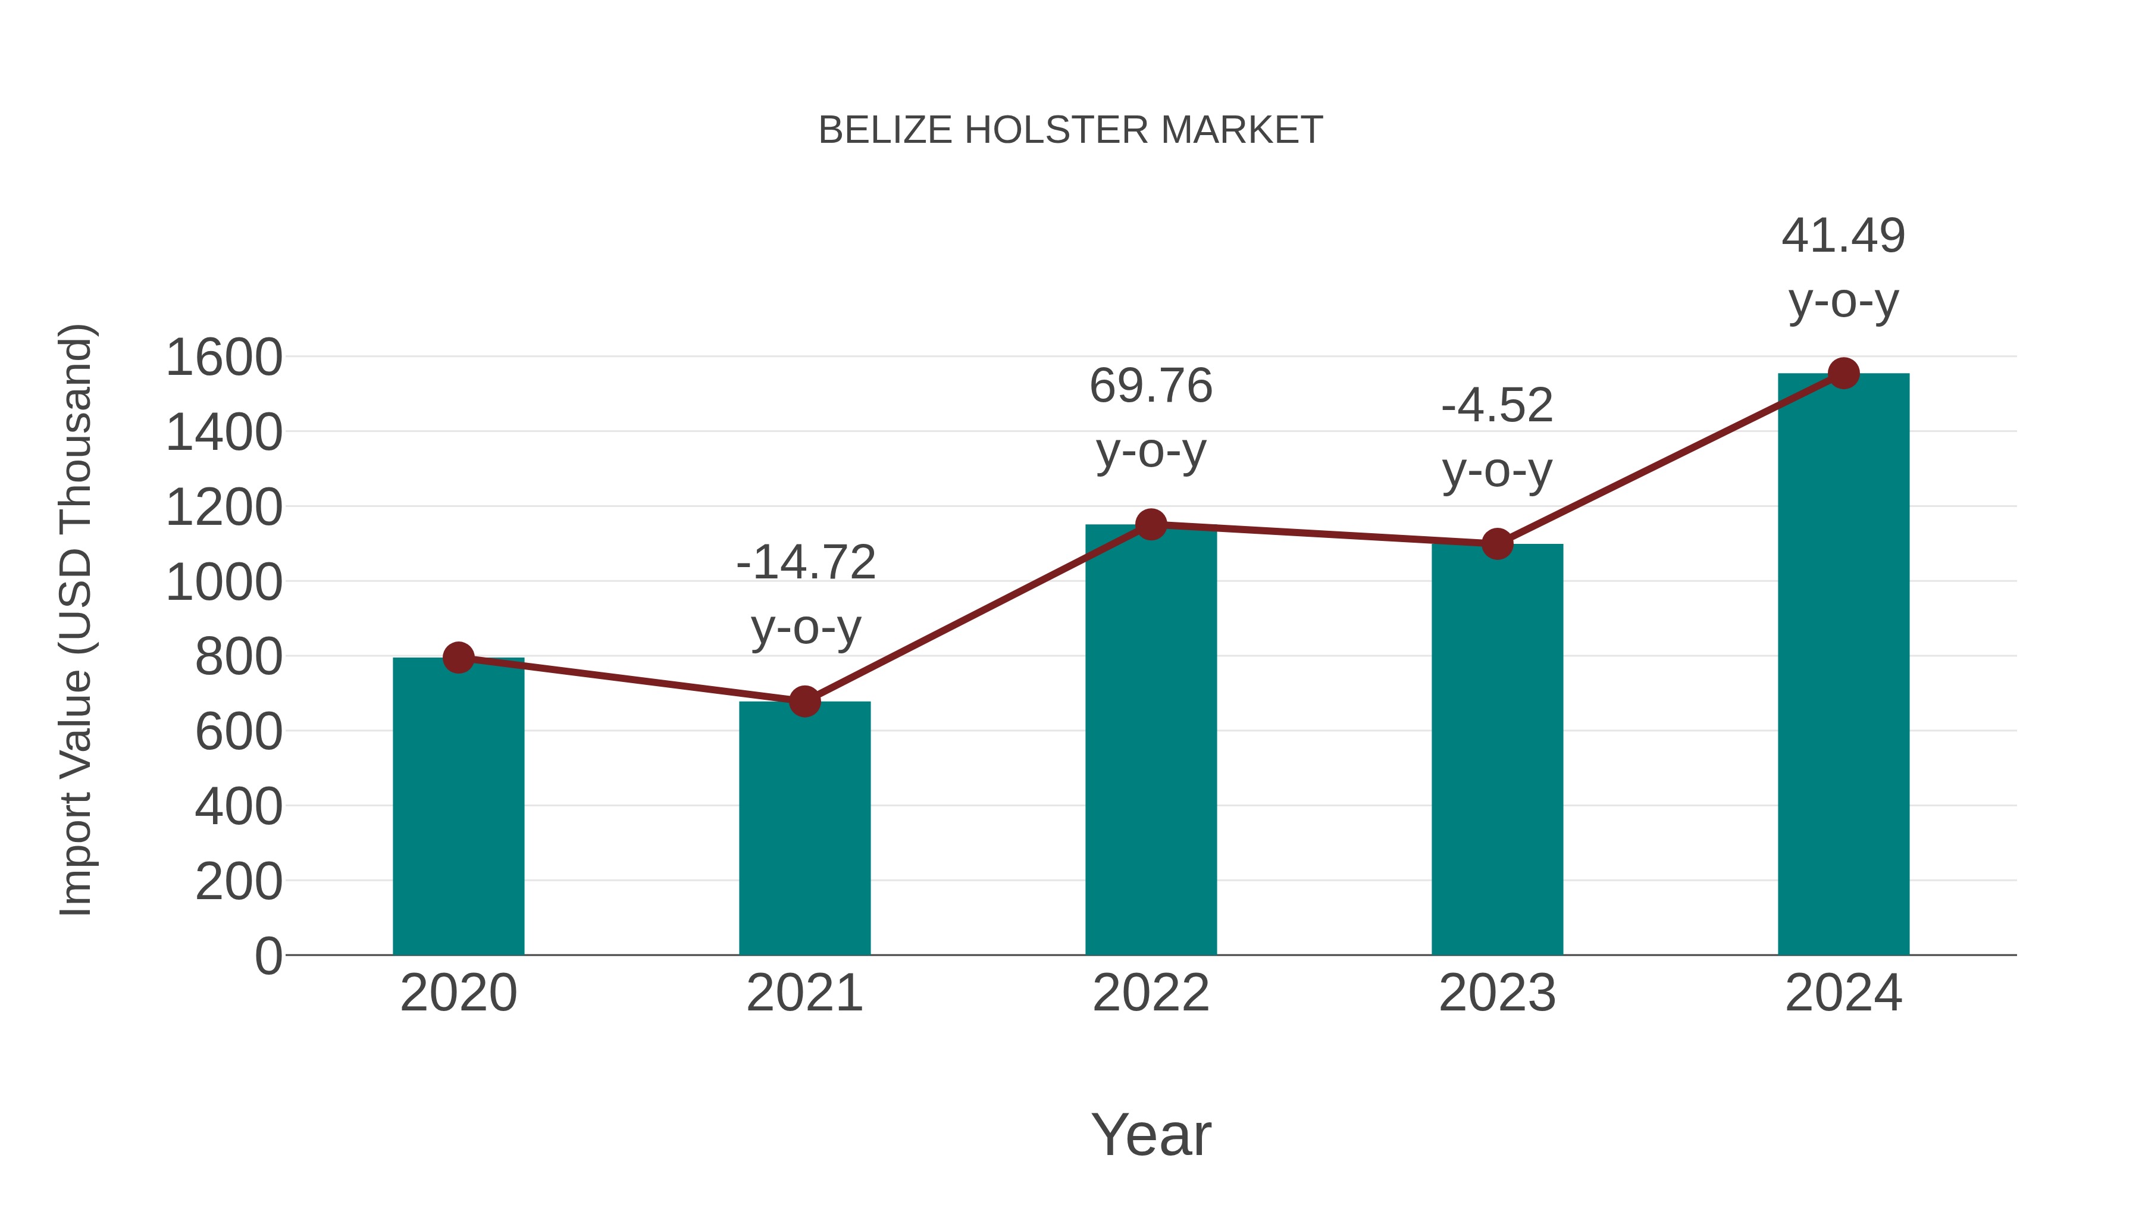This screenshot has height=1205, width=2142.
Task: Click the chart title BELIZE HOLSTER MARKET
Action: (x=1070, y=130)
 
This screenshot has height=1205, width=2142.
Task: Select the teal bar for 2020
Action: (x=458, y=807)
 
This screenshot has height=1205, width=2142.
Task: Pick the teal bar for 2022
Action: (x=1151, y=740)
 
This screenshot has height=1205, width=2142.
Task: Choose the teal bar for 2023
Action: (x=1497, y=749)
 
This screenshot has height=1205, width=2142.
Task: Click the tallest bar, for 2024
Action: (x=1843, y=665)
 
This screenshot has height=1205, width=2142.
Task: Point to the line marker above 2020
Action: (x=458, y=658)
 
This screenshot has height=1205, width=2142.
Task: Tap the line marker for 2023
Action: (x=1497, y=544)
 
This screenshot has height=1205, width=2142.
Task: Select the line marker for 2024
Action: (x=1843, y=373)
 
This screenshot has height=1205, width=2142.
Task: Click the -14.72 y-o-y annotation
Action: (x=806, y=563)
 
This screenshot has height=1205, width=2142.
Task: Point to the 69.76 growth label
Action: (x=1151, y=387)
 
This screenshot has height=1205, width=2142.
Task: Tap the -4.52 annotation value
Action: (x=1497, y=406)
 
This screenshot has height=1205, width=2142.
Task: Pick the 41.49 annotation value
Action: (x=1843, y=236)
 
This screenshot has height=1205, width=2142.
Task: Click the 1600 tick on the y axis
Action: (x=224, y=358)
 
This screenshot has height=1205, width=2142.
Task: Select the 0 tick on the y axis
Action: (x=268, y=956)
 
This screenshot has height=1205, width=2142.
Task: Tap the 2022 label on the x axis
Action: (x=1151, y=993)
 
